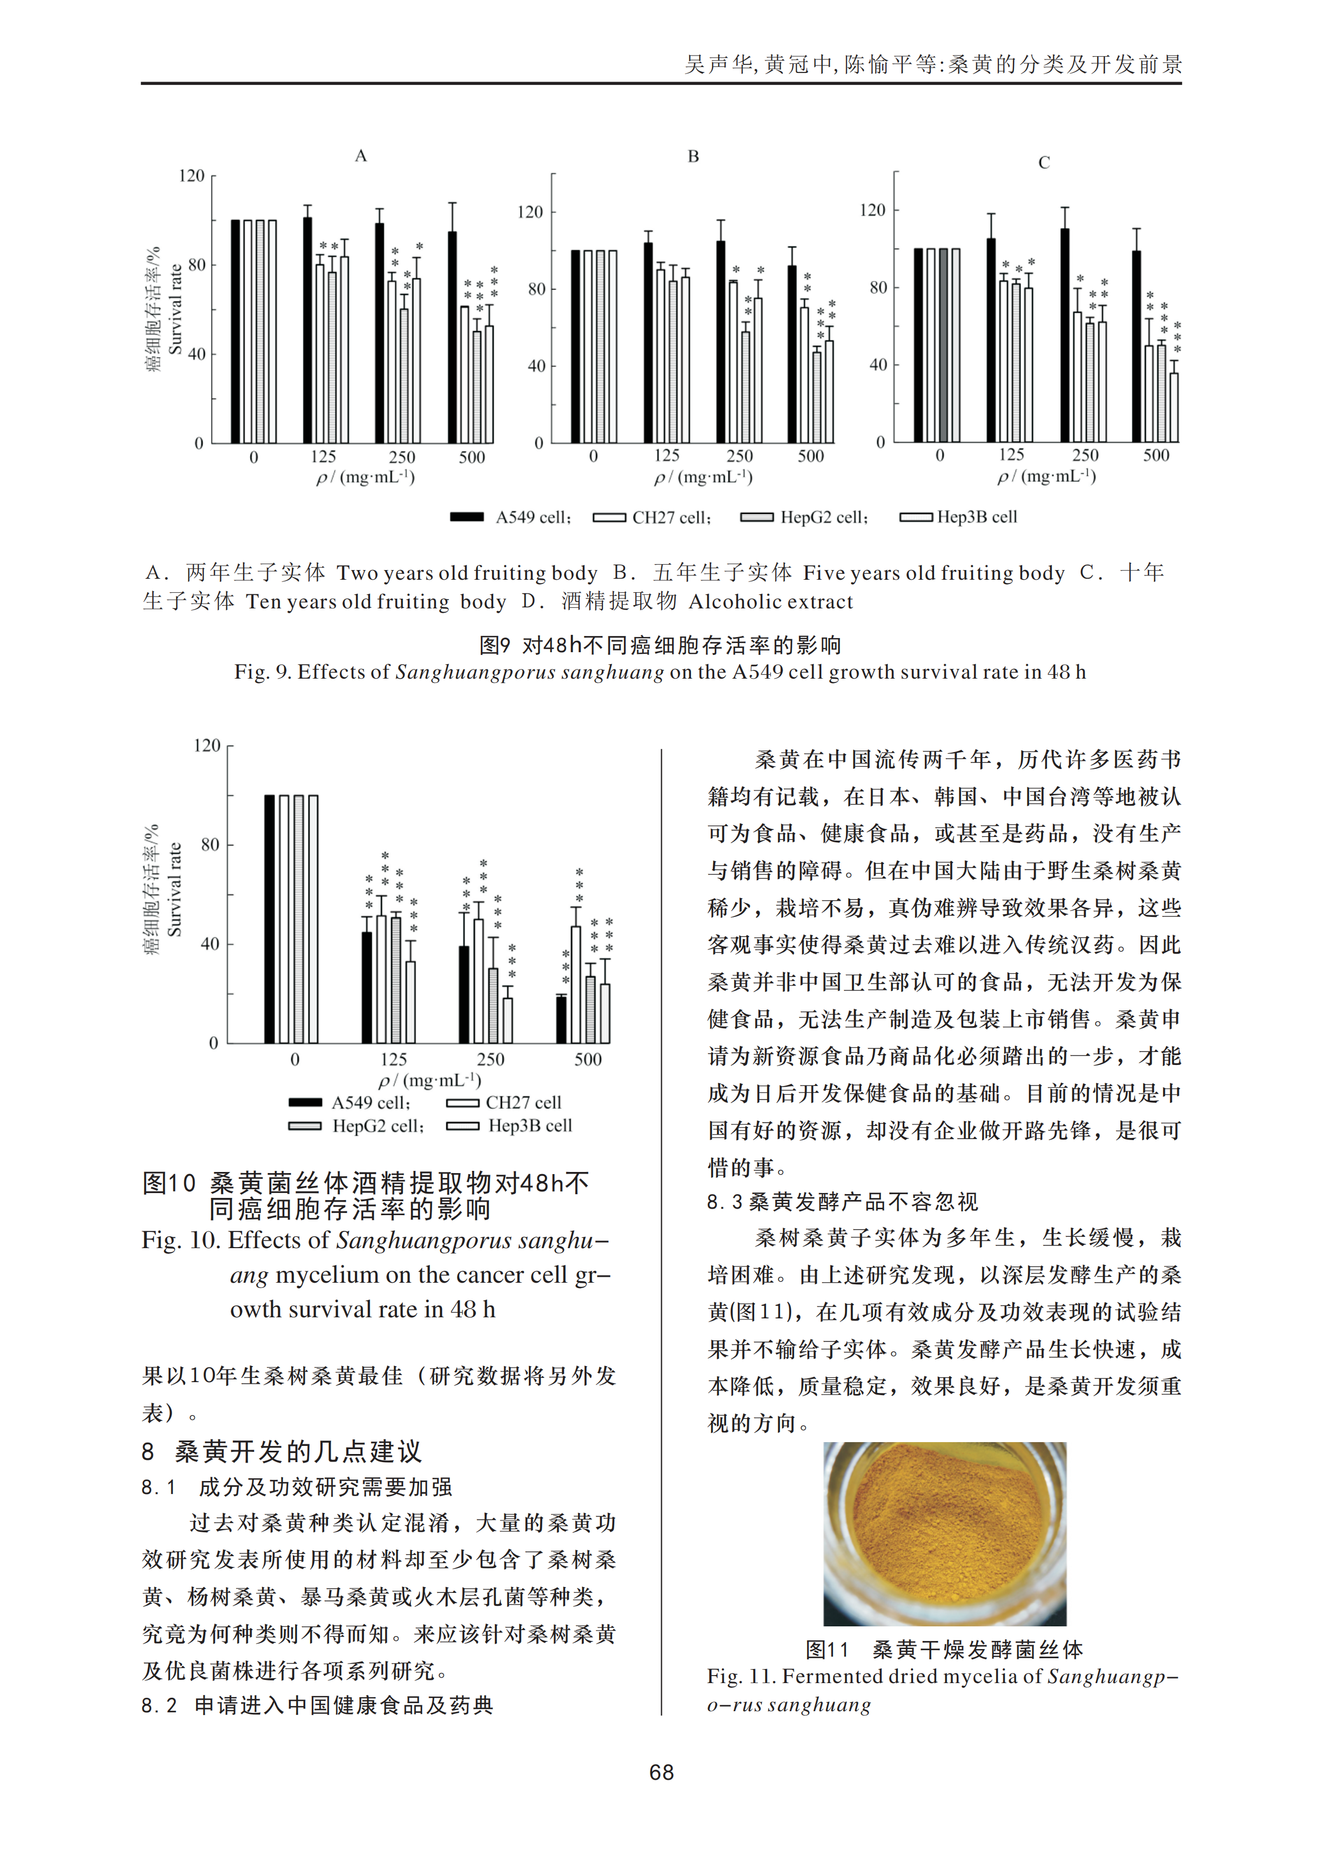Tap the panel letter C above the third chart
pos(1044,163)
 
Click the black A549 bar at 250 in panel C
pos(1065,335)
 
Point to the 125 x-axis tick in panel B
pos(667,456)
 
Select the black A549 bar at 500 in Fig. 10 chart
pos(561,1019)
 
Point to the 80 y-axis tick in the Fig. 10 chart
pos(210,845)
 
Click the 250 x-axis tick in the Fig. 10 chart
pos(491,1059)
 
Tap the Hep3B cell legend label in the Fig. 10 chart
pos(529,1126)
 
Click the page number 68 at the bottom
pos(661,1773)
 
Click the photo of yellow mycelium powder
pos(944,1533)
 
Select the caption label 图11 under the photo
pos(827,1650)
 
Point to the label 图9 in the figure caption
pos(494,645)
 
